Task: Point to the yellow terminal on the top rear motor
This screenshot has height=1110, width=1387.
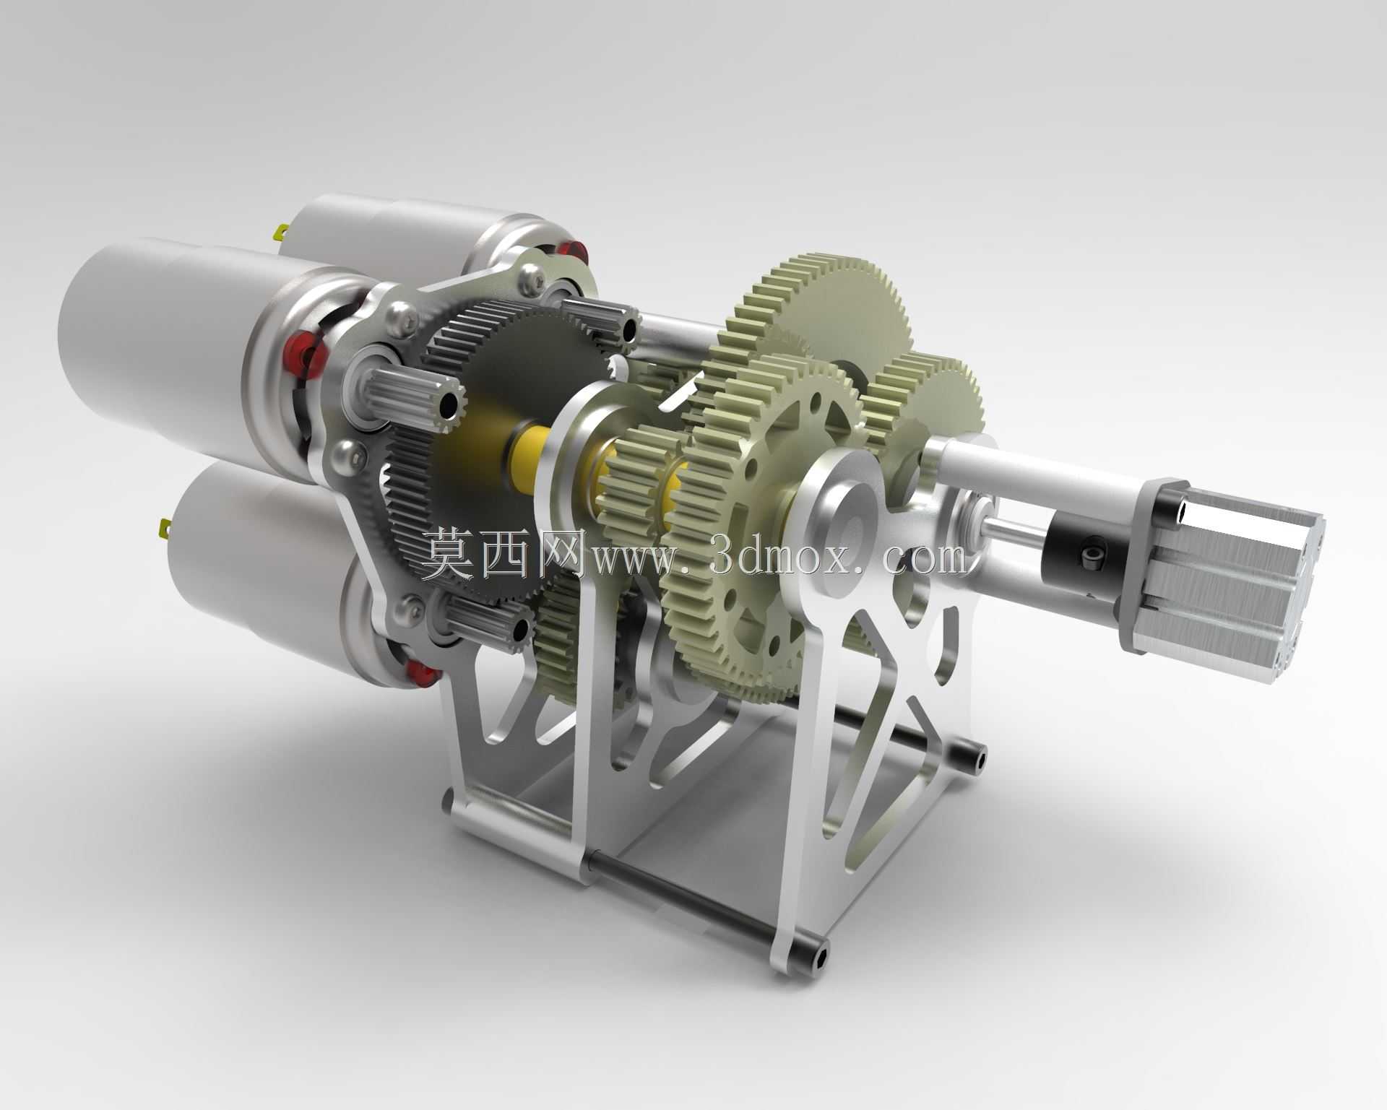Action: (x=280, y=232)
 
